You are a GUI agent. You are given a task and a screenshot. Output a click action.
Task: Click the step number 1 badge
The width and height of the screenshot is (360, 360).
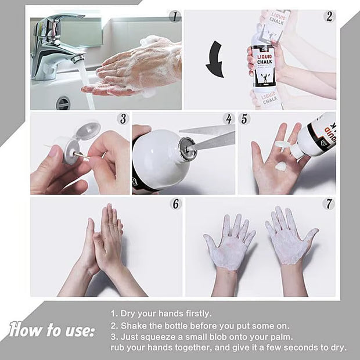pos(175,16)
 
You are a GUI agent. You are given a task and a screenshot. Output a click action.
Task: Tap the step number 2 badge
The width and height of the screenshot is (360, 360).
pos(329,16)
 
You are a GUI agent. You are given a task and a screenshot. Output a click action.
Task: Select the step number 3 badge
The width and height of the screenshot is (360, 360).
pos(123,118)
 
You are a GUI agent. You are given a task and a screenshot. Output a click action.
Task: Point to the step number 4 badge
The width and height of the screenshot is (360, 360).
pos(229,118)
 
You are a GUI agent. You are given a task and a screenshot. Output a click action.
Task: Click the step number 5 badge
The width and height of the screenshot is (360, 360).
pos(244,118)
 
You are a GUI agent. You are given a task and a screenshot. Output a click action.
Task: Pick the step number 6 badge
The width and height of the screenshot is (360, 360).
pos(175,204)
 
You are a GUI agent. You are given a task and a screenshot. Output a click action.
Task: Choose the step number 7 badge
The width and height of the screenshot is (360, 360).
pos(329,204)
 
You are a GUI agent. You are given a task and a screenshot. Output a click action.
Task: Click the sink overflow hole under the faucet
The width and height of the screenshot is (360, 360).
pos(63,103)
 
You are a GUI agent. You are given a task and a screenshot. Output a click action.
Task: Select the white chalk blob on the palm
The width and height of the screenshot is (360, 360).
pos(281,167)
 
